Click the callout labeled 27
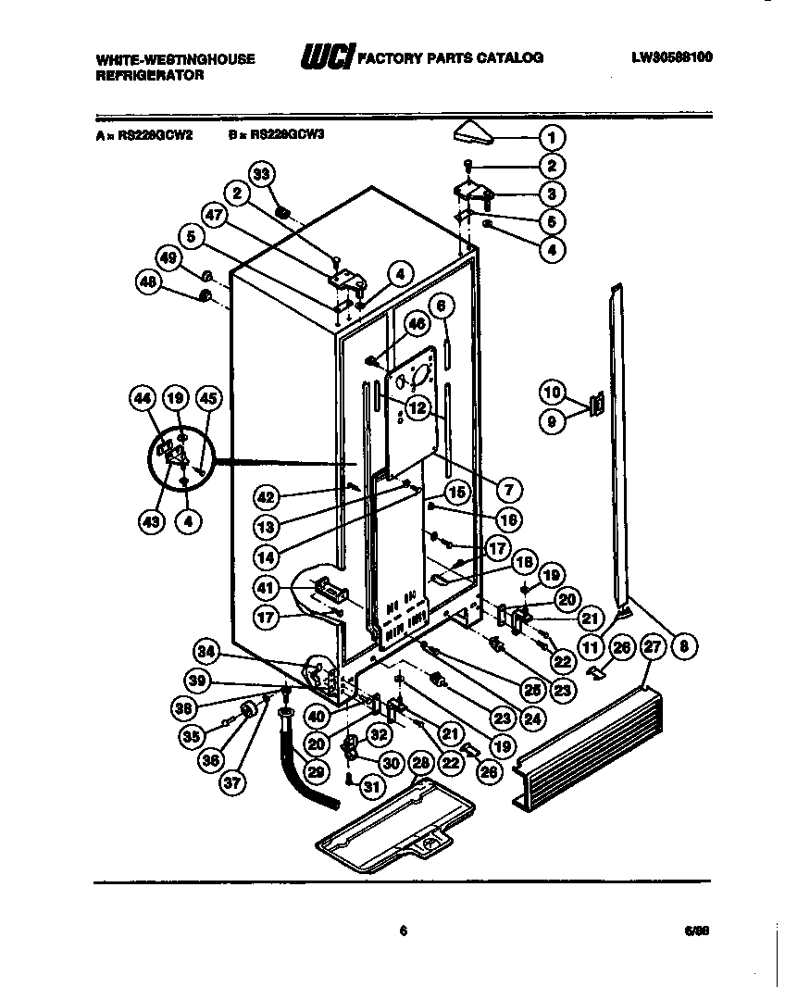coord(653,647)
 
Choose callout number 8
coord(682,647)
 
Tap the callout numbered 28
coord(421,762)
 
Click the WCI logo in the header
coord(326,58)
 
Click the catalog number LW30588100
coord(673,57)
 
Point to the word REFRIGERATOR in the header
coord(150,76)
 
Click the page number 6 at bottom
coord(403,931)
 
